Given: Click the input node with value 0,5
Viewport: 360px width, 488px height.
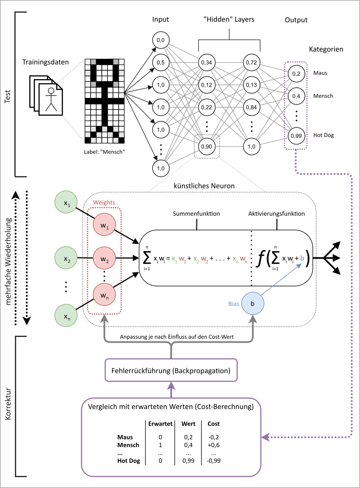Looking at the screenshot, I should (x=160, y=62).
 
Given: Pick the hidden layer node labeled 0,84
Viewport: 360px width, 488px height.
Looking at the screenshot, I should (x=252, y=108).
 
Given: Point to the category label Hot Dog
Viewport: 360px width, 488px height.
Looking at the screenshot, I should (x=323, y=135).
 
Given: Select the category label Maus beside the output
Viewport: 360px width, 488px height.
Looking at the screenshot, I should (x=320, y=72).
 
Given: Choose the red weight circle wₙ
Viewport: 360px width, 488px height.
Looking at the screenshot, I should (x=104, y=294).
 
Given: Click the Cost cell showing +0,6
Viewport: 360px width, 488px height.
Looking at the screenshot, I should (x=213, y=445).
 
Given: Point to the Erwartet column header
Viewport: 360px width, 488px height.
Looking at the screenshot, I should (x=160, y=424).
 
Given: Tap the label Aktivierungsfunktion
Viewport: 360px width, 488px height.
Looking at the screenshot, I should (x=276, y=214).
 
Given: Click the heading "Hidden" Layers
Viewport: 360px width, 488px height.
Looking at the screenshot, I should (x=229, y=20).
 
